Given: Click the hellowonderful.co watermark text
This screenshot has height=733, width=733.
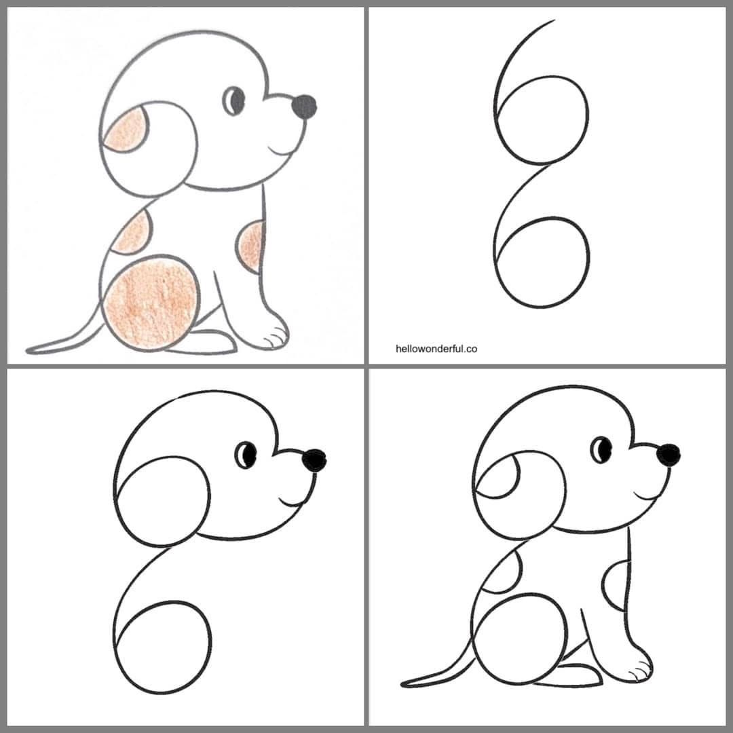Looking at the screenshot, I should click(x=436, y=349).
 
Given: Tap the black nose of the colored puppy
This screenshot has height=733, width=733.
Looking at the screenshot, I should click(x=303, y=105).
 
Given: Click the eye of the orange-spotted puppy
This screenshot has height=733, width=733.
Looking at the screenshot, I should click(x=235, y=101).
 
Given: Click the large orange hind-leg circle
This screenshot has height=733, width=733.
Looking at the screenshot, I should click(x=153, y=303).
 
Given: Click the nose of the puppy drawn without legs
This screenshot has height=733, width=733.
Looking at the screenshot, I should click(x=314, y=461).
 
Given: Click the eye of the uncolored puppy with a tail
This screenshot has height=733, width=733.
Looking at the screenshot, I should click(x=601, y=449).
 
